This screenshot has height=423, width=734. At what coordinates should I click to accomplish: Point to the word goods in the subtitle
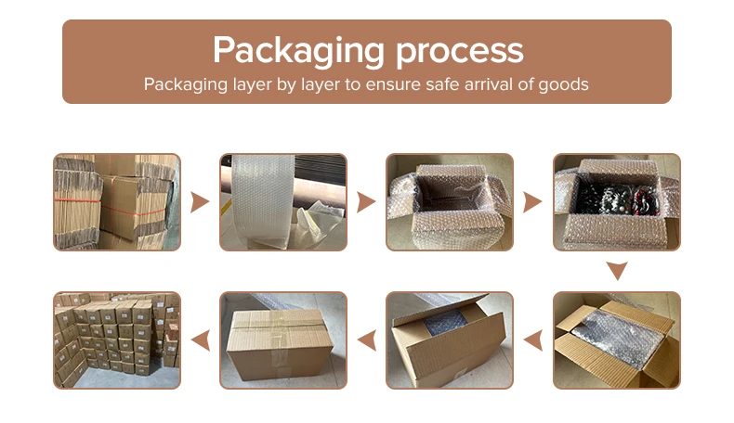tap(563, 84)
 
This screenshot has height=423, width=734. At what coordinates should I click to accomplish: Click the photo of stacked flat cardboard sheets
tap(117, 202)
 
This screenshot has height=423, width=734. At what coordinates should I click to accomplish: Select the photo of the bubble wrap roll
tap(283, 202)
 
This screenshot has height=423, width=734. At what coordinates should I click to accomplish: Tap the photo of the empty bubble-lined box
tap(450, 202)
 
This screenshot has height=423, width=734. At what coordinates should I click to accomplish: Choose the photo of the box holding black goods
tap(617, 202)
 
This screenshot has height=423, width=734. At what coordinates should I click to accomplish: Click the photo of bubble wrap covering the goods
tap(617, 340)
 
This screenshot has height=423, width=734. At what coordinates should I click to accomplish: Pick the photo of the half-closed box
tap(450, 340)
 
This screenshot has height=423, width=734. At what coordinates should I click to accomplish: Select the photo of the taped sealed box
tap(283, 340)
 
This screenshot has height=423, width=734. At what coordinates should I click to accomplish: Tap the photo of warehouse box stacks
tap(117, 340)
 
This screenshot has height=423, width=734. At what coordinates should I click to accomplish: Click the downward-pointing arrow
tap(617, 271)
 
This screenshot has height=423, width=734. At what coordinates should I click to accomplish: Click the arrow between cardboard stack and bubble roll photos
tap(200, 202)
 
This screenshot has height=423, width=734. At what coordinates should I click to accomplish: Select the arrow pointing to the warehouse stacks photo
tap(200, 340)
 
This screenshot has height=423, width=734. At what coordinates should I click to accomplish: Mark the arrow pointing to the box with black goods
tap(532, 202)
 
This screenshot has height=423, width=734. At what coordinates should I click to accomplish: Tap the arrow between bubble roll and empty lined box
tap(366, 202)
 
